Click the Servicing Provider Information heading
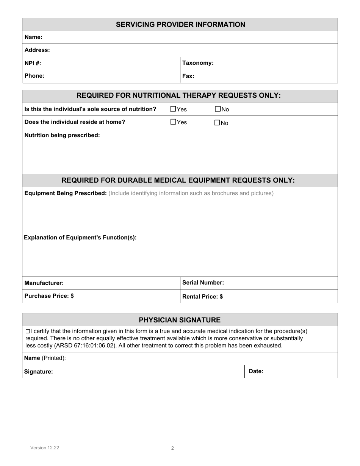pos(180,25)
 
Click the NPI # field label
pos(33,63)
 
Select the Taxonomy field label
pos(198,63)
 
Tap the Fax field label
pos(188,76)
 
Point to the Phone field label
pos(34,76)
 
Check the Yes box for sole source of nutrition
pos(173,109)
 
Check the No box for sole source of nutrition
pos(218,109)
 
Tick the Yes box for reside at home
pos(173,122)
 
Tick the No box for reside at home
pos(217,122)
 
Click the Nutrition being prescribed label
pos(62,135)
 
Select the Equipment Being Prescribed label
pos(66,193)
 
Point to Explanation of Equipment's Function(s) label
pos(80,238)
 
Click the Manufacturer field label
pos(44,283)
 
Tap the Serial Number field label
pos(203,283)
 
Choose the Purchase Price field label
pos(49,296)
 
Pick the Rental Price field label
pos(202,297)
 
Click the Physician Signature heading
pos(180,320)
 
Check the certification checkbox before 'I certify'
pos(27,331)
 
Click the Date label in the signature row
pos(256,371)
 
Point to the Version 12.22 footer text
pos(45,448)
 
